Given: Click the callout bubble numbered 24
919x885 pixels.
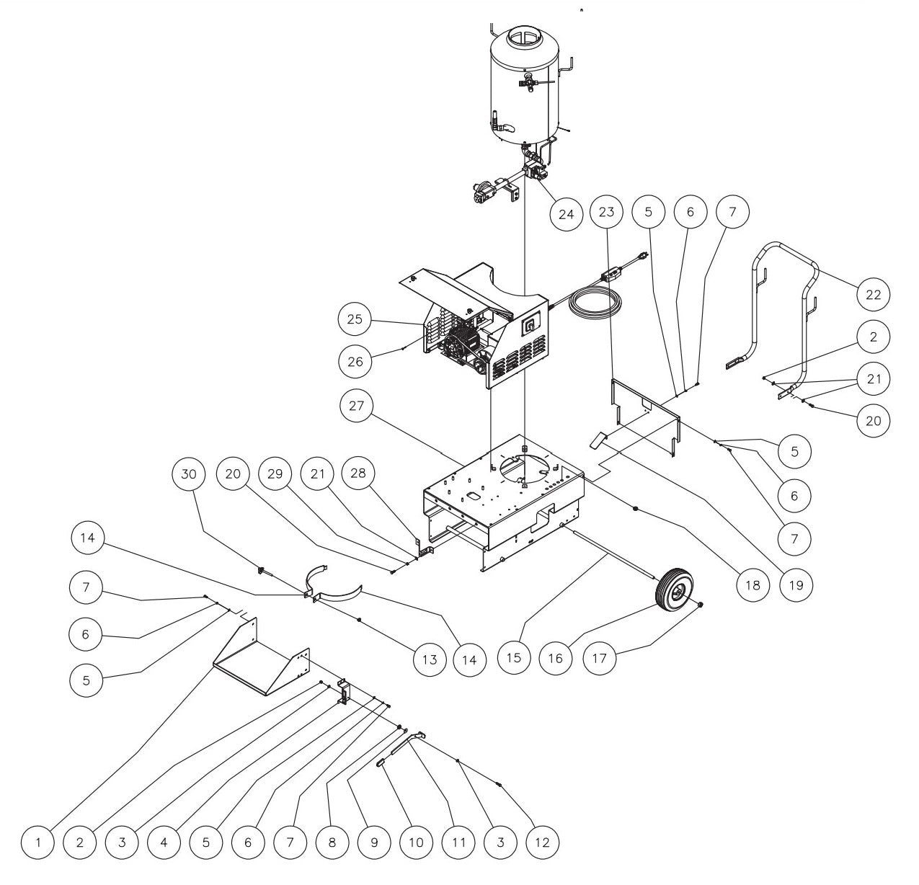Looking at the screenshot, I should tap(566, 214).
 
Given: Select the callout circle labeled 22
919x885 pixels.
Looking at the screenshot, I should tap(873, 293).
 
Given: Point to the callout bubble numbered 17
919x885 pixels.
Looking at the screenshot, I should tap(599, 658).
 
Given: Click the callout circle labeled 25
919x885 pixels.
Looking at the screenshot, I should tap(356, 319).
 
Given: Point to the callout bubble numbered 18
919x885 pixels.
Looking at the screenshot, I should tap(752, 584).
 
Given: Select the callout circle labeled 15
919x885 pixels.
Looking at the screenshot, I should tap(513, 658).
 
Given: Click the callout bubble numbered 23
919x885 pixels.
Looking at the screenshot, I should tap(607, 212).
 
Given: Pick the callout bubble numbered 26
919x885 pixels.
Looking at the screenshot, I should tap(356, 361).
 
